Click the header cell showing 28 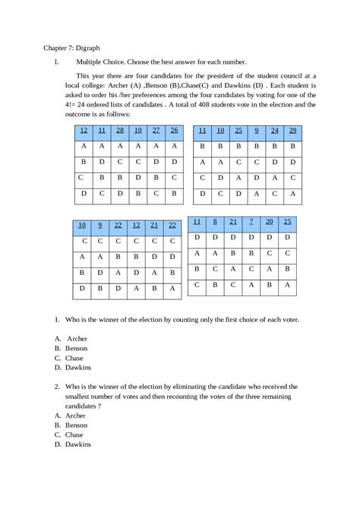point(119,131)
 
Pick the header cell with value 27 point(156,131)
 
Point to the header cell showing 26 point(174,131)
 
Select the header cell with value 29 point(292,131)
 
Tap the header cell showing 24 point(274,131)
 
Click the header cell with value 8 point(215,222)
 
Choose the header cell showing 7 point(251,222)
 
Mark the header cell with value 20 point(270,222)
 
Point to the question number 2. point(57,387)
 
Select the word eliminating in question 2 point(185,387)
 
